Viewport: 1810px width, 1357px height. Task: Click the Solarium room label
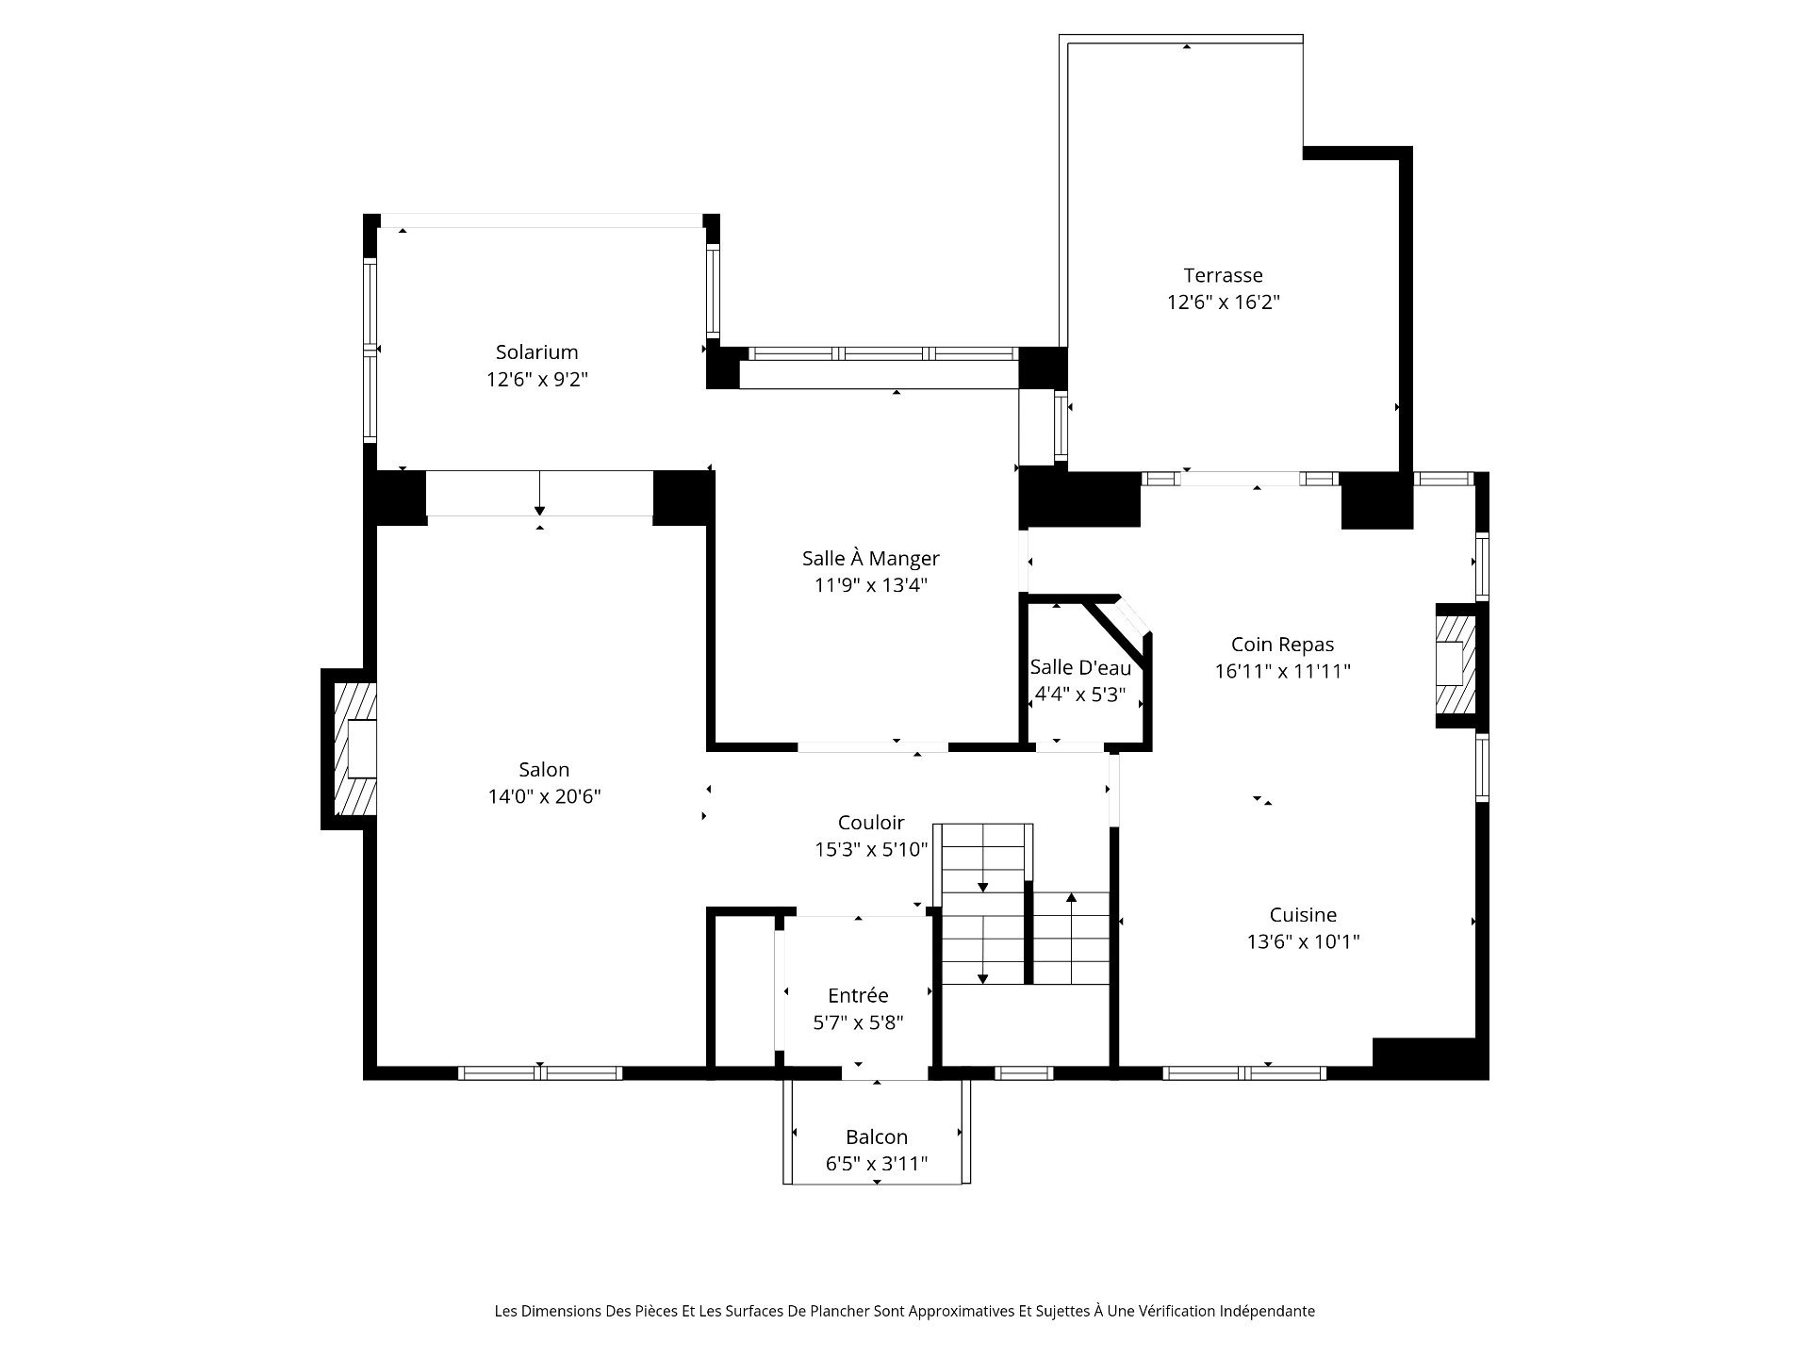click(x=536, y=352)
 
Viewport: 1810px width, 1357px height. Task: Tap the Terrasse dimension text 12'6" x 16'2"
click(x=1223, y=302)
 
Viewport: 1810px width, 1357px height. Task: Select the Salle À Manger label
click(x=870, y=558)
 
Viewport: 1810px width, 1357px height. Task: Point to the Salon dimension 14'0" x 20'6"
click(x=544, y=797)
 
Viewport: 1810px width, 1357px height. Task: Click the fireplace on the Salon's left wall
click(x=350, y=749)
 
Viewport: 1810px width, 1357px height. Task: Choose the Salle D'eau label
click(x=1080, y=667)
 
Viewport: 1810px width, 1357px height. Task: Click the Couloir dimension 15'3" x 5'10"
click(x=871, y=849)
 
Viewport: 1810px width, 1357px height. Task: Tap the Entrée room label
click(x=858, y=995)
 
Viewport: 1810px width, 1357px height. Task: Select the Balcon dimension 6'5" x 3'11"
click(x=877, y=1164)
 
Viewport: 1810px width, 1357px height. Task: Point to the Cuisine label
click(x=1303, y=914)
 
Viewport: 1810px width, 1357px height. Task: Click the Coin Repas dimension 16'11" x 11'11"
click(x=1283, y=671)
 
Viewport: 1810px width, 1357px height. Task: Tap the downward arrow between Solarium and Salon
click(x=539, y=493)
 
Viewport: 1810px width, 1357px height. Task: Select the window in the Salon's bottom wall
click(x=540, y=1072)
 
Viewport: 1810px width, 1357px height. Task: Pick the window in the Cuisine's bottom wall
click(x=1244, y=1072)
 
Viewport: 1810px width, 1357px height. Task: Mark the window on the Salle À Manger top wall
click(x=883, y=354)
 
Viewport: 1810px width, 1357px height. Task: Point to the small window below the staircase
click(x=1024, y=1072)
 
